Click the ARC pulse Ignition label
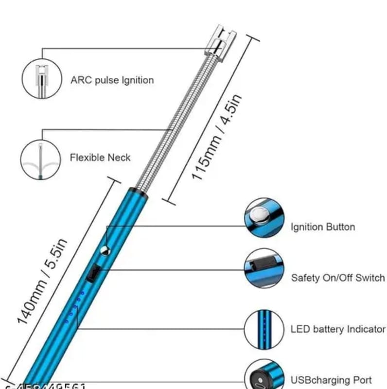click(112, 80)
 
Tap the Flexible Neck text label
click(100, 158)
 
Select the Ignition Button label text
click(322, 227)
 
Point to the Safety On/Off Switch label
click(337, 278)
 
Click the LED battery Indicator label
click(337, 329)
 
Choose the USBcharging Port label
click(331, 380)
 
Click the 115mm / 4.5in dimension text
click(216, 138)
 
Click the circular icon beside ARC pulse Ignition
click(41, 78)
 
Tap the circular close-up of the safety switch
click(263, 268)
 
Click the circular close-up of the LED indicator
click(263, 329)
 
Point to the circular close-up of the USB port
click(263, 377)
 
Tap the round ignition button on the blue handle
click(104, 250)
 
